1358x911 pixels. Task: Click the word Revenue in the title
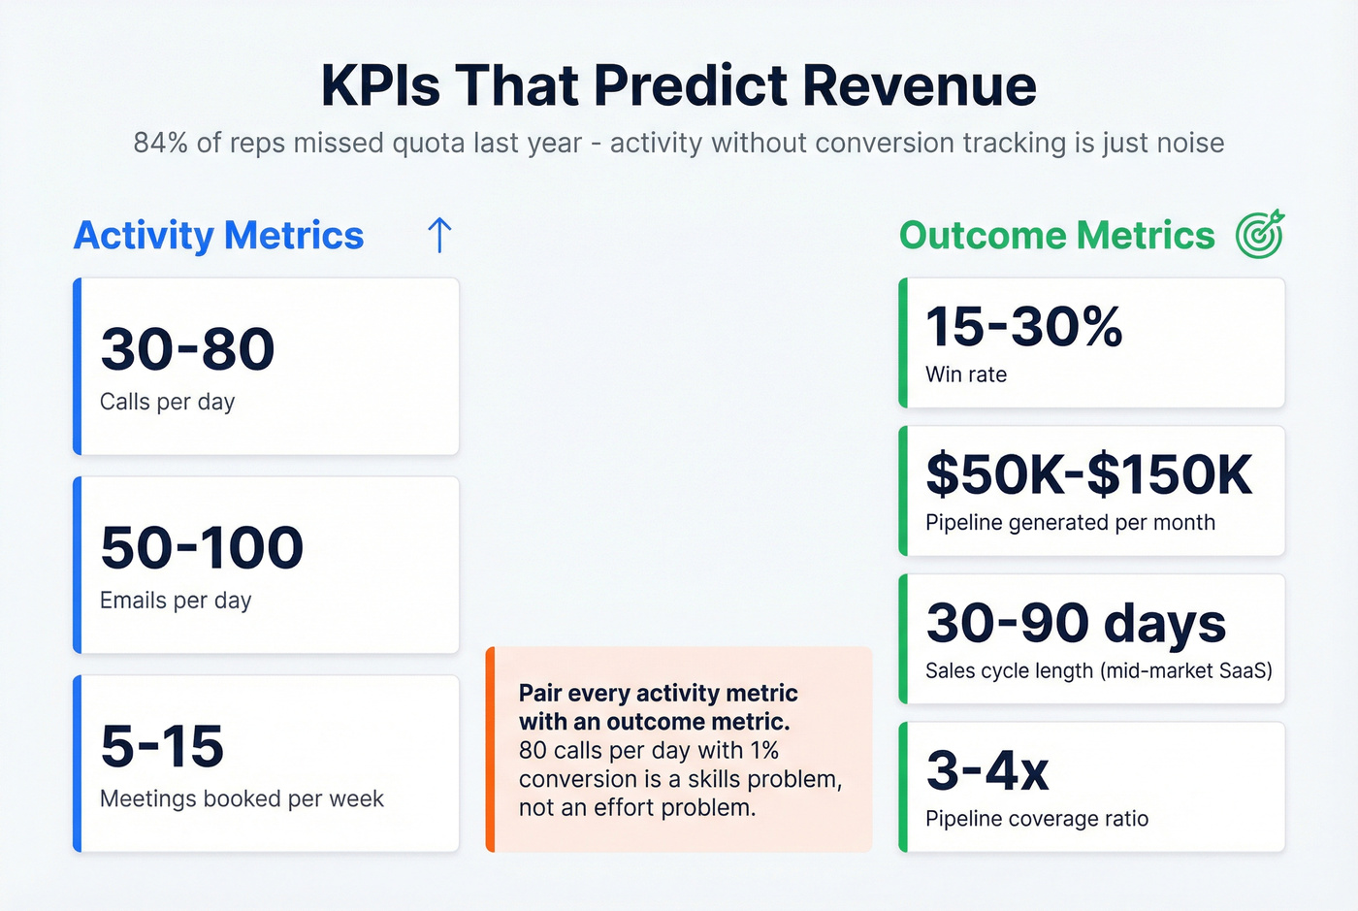pos(920,85)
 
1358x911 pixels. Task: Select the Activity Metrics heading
pos(219,236)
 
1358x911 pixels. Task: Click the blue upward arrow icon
pos(439,235)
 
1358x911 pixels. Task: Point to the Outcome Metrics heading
pos(1056,236)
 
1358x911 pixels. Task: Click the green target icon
pos(1260,235)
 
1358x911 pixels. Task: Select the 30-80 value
pos(187,349)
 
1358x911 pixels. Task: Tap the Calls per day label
pos(167,402)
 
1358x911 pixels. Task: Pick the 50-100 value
pos(202,548)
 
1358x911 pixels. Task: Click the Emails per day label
pos(176,601)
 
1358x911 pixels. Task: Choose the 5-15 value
pos(162,747)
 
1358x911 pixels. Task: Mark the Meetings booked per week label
pos(242,799)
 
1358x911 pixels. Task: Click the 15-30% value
pos(1023,326)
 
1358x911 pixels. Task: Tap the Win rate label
pos(966,374)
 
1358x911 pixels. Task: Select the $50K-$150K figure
pos(1088,474)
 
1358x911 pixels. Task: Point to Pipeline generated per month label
pos(1070,523)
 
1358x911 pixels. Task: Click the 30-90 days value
pos(1076,623)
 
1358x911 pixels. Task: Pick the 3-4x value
pos(987,771)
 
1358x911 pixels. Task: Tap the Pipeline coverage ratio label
pos(1037,819)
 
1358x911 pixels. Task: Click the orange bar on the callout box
pos(491,750)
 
